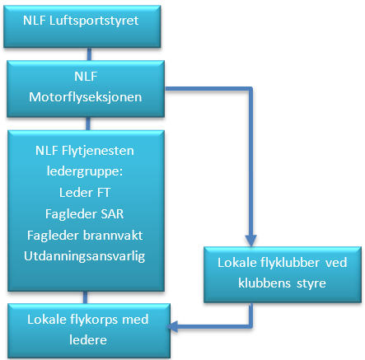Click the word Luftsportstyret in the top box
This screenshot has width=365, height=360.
point(94,21)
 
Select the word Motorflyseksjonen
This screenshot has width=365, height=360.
point(86,97)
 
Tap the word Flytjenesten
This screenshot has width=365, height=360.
point(98,151)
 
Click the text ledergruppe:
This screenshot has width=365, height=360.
point(85,171)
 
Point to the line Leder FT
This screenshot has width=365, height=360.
point(85,193)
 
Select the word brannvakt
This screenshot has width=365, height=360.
point(113,236)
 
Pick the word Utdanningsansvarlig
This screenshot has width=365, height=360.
point(84,256)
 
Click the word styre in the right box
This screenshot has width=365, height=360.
point(311,283)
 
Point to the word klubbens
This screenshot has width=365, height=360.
point(264,283)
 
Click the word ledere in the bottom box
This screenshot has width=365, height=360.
point(88,340)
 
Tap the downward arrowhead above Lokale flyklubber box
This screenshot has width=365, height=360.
point(250,241)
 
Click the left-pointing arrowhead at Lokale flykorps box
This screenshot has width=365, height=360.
point(172,326)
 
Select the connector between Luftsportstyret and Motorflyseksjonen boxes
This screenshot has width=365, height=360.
point(89,54)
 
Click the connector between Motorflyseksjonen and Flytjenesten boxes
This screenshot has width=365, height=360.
point(88,124)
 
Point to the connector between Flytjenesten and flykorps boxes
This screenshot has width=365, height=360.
point(85,297)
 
